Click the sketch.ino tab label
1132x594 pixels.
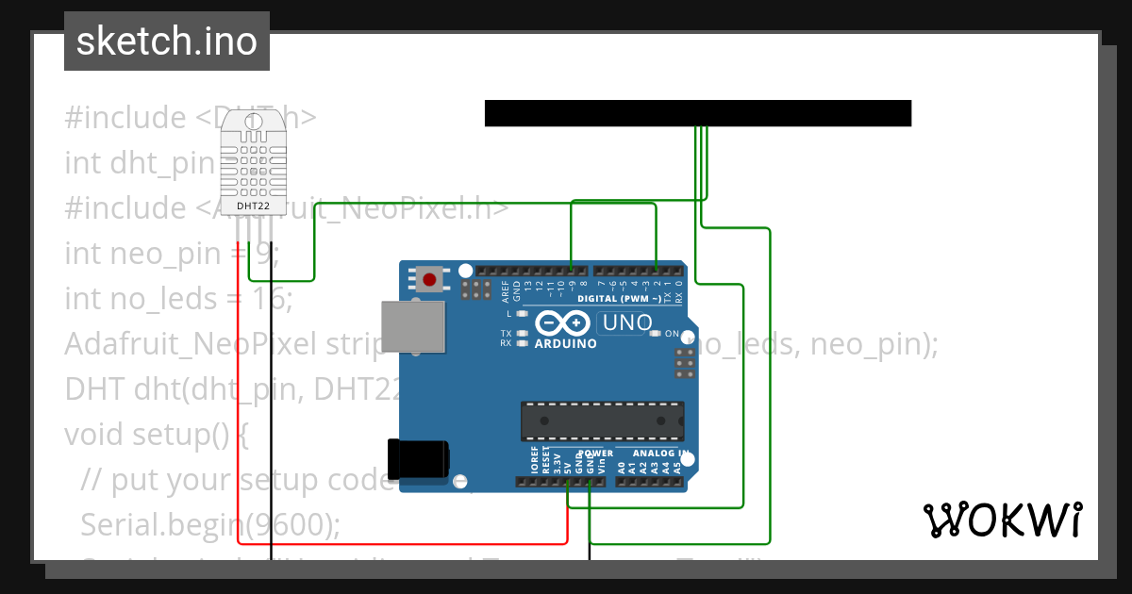coord(167,41)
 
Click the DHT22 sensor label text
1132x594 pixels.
coord(250,205)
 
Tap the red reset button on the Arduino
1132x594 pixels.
coord(430,279)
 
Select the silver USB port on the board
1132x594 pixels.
coord(411,327)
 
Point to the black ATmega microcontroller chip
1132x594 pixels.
coord(603,421)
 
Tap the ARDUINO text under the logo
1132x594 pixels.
coord(566,344)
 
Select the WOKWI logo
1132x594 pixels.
coord(1002,520)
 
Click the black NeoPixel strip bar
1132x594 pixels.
coord(698,113)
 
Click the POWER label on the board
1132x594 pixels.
coord(594,454)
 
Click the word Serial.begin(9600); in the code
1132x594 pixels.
coord(211,523)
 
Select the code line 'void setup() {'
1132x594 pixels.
coord(157,435)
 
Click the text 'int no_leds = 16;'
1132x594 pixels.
coord(179,299)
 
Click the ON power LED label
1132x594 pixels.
coord(673,334)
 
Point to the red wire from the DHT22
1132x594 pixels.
coord(238,396)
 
